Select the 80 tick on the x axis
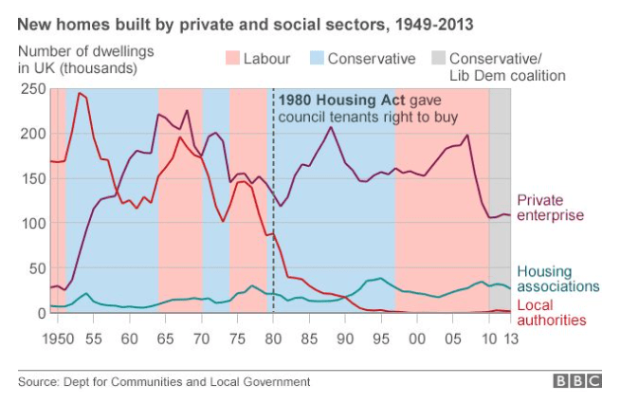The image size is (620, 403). [273, 338]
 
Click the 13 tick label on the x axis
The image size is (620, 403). [511, 338]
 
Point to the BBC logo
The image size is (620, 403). [578, 381]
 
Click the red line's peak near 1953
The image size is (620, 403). [80, 93]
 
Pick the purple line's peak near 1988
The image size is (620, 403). [331, 127]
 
